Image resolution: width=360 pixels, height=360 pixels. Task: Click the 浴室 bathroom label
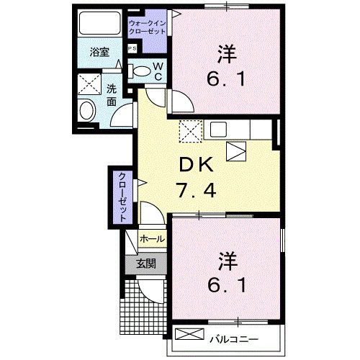point(99,53)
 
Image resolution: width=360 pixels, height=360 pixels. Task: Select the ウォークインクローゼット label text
point(147,28)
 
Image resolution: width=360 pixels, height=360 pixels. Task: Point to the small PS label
point(132,48)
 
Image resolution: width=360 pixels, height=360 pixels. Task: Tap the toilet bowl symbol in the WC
point(143,71)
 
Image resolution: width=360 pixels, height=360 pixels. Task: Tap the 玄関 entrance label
point(146,264)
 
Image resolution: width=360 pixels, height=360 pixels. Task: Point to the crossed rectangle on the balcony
point(189,336)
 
